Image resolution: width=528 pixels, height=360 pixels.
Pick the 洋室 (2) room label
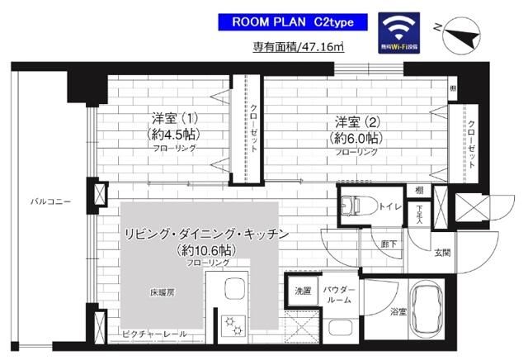click(x=356, y=120)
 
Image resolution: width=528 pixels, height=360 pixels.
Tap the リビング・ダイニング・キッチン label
click(x=206, y=234)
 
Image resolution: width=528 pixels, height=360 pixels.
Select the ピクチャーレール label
click(x=153, y=334)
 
